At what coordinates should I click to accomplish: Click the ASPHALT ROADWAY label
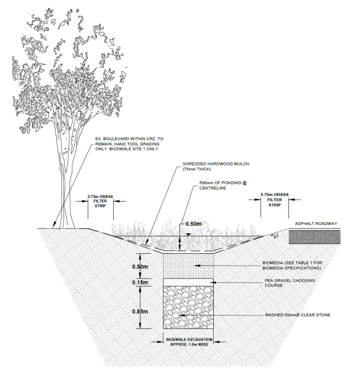coord(316,224)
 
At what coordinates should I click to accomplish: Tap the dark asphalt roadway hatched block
coord(314,237)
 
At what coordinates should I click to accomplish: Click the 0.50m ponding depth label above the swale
coord(194,224)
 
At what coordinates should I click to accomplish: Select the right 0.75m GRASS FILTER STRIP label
coord(274,199)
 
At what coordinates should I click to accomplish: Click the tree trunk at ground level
coord(66,222)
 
